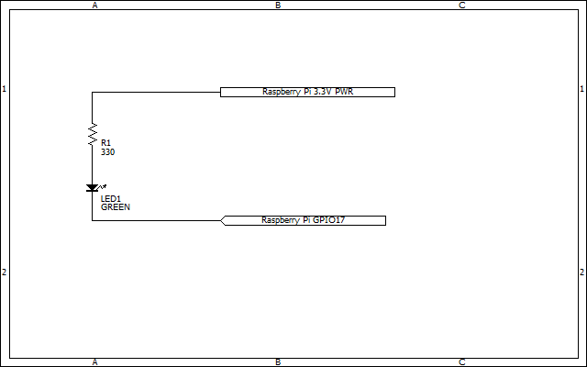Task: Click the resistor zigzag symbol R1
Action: pyautogui.click(x=92, y=134)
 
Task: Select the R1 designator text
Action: pyautogui.click(x=106, y=143)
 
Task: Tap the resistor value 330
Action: pyautogui.click(x=108, y=152)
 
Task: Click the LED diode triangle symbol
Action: pyautogui.click(x=92, y=188)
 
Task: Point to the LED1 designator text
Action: pyautogui.click(x=111, y=199)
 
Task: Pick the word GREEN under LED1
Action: pyautogui.click(x=116, y=207)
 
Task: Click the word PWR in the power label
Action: pyautogui.click(x=344, y=92)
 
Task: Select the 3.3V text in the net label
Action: pyautogui.click(x=323, y=92)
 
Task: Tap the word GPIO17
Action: pyautogui.click(x=328, y=220)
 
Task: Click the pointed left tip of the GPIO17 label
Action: pyautogui.click(x=220, y=220)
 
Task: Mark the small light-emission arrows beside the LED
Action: pyautogui.click(x=102, y=186)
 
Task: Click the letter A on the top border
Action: pyautogui.click(x=95, y=6)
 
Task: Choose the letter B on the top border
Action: pyautogui.click(x=278, y=6)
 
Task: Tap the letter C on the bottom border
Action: pyautogui.click(x=462, y=362)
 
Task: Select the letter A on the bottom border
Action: pyautogui.click(x=95, y=362)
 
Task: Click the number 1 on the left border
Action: pyautogui.click(x=5, y=89)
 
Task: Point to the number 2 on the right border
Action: pyautogui.click(x=582, y=272)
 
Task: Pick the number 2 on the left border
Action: pyautogui.click(x=5, y=272)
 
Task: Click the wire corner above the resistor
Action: pyautogui.click(x=92, y=92)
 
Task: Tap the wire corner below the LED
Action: pyautogui.click(x=92, y=220)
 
